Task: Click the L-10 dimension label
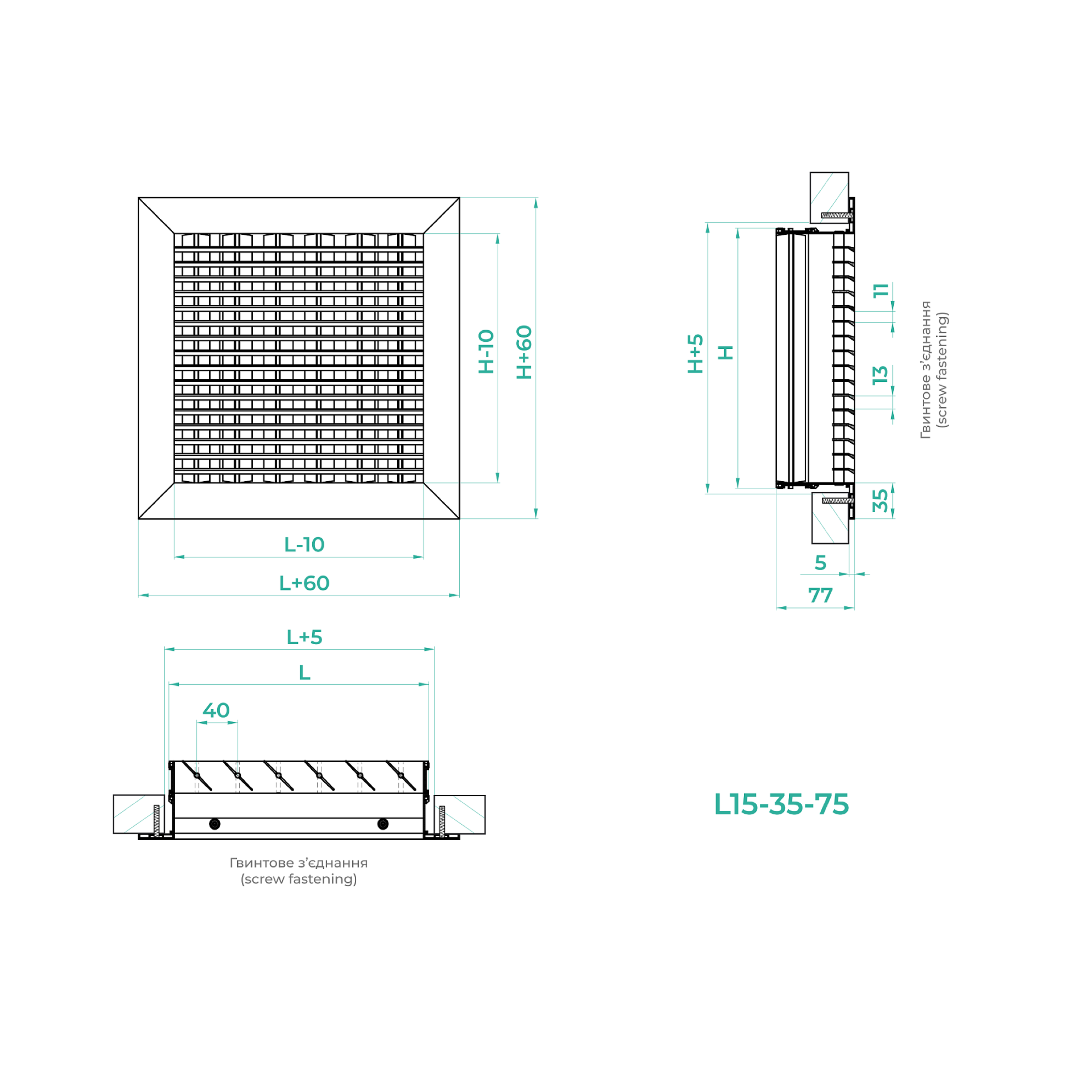click(305, 545)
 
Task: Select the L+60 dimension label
click(305, 583)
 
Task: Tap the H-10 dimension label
click(486, 352)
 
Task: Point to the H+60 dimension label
click(524, 352)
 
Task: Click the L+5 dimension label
click(305, 637)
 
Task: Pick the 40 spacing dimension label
click(216, 710)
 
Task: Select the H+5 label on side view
click(695, 354)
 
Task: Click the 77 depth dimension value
click(820, 595)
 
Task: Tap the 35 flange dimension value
click(880, 500)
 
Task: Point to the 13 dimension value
click(880, 375)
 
